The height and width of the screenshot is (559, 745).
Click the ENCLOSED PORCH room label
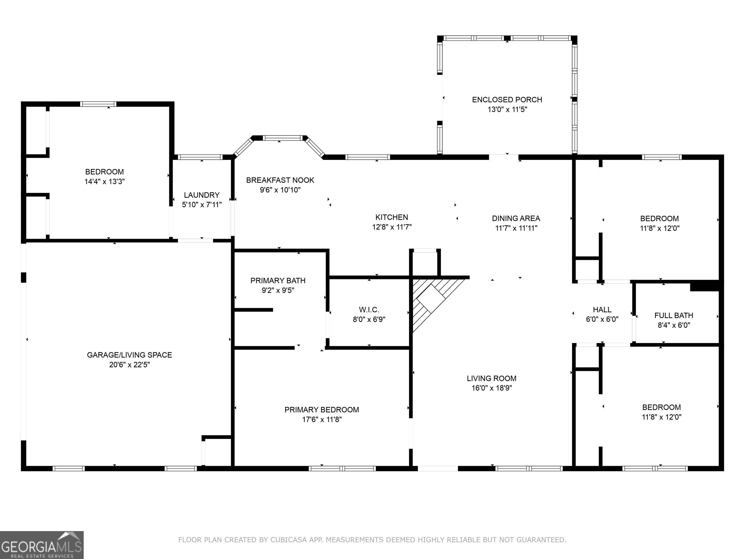click(507, 100)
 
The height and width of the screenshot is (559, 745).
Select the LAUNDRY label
click(201, 195)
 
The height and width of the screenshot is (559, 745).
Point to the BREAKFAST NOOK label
click(280, 180)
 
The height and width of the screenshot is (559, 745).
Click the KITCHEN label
click(392, 217)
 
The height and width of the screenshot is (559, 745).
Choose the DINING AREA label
click(516, 218)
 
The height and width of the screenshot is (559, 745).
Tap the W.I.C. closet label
click(369, 310)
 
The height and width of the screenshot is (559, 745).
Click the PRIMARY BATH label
click(278, 281)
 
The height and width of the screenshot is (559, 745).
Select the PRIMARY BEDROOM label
click(322, 410)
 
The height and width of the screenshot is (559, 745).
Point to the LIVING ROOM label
click(491, 378)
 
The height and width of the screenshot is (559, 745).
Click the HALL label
click(602, 310)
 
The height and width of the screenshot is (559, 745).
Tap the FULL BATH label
click(674, 315)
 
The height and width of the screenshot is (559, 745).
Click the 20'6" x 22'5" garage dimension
click(129, 365)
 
